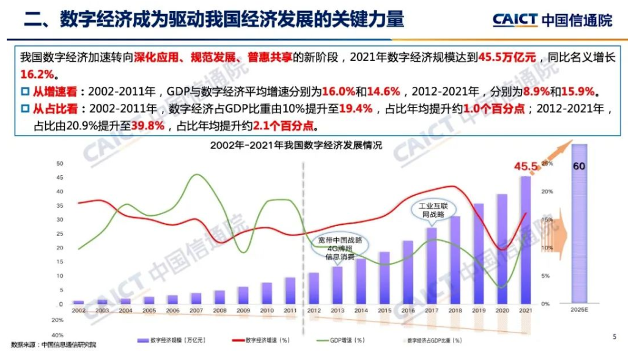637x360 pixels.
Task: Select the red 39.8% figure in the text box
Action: (149, 127)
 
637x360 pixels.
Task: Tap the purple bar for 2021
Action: (525, 240)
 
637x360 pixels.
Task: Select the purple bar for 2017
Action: (432, 265)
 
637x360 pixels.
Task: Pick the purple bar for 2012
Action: (314, 288)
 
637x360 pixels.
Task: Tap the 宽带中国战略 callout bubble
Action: (336, 248)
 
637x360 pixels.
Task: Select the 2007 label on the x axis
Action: (196, 311)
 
